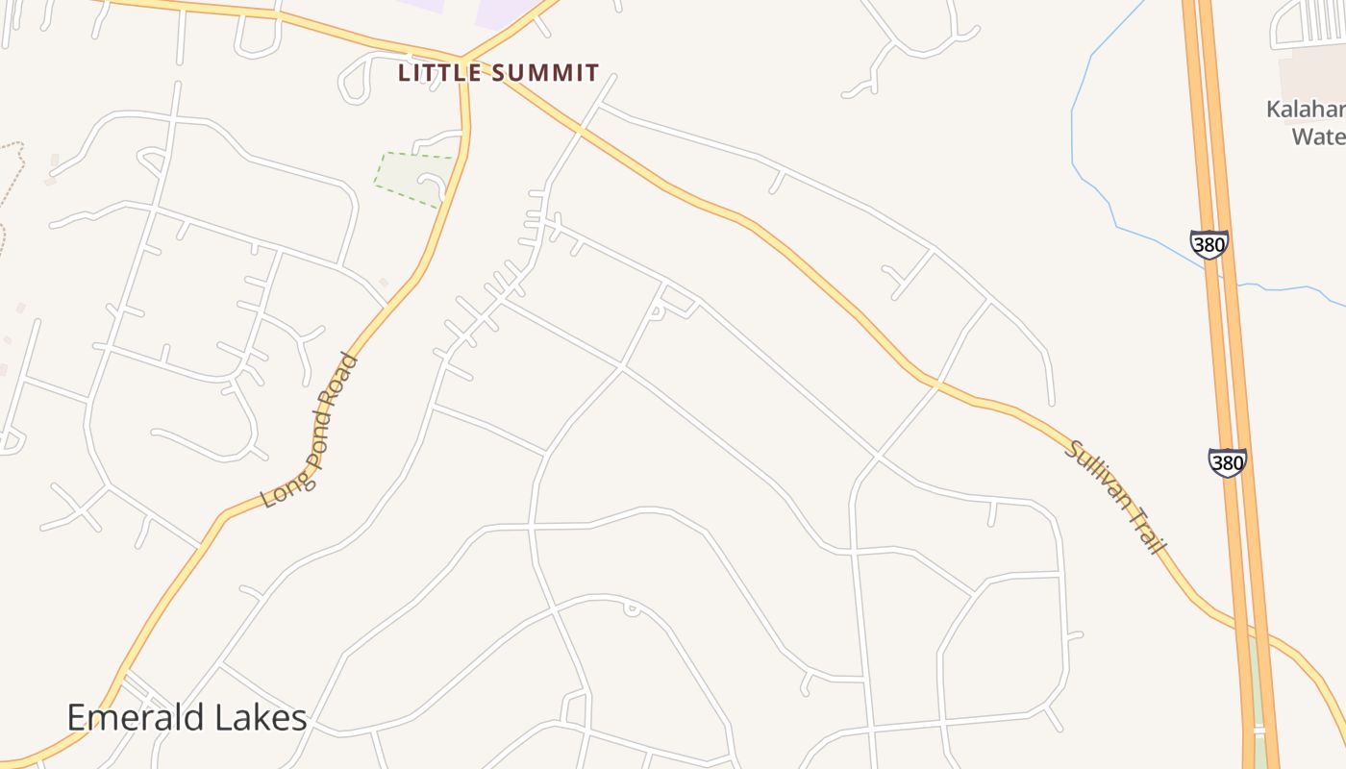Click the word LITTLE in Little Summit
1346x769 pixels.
[436, 73]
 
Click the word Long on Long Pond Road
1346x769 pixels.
[277, 492]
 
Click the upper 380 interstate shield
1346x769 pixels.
[1209, 244]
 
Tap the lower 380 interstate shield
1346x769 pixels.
[1228, 462]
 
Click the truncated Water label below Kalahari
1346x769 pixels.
[1317, 136]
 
